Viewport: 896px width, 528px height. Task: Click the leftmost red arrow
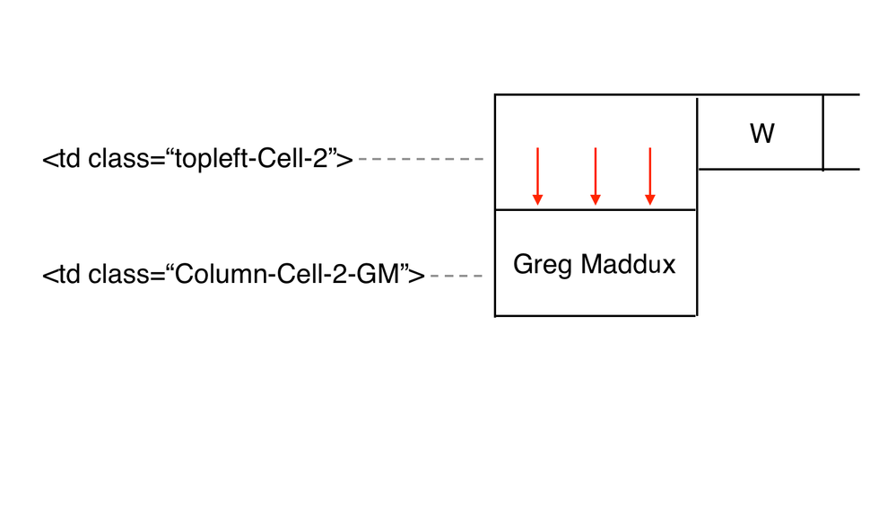pyautogui.click(x=537, y=175)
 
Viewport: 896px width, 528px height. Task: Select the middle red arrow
pyautogui.click(x=595, y=175)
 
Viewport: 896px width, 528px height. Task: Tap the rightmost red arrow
pyautogui.click(x=650, y=175)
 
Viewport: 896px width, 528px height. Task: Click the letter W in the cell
pyautogui.click(x=761, y=135)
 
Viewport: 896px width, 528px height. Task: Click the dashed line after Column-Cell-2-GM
pyautogui.click(x=457, y=275)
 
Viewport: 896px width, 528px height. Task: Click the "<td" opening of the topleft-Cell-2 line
pyautogui.click(x=61, y=160)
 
